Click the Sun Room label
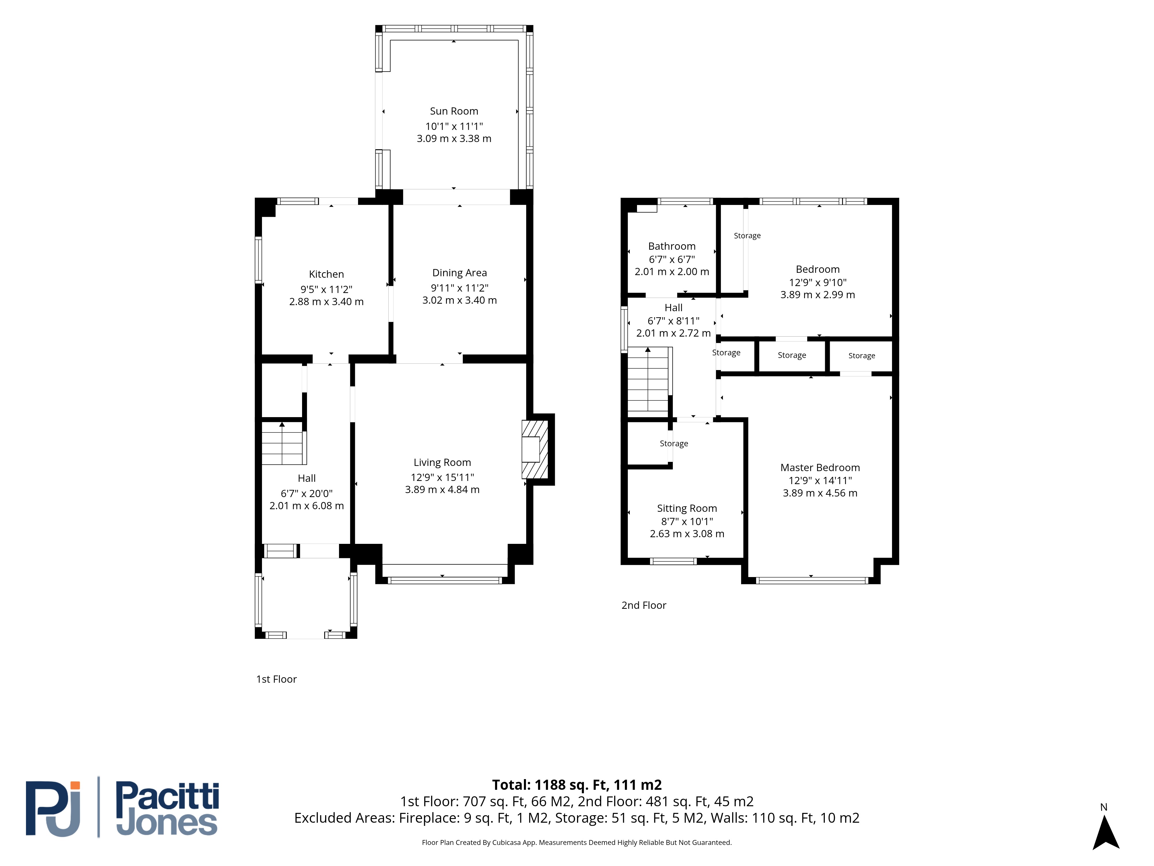pyautogui.click(x=454, y=111)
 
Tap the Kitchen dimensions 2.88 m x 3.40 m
pyautogui.click(x=327, y=302)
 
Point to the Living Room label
pyautogui.click(x=442, y=462)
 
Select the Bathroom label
pyautogui.click(x=672, y=247)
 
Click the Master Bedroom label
pyautogui.click(x=820, y=468)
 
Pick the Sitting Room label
pyautogui.click(x=687, y=508)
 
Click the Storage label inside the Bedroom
pyautogui.click(x=747, y=236)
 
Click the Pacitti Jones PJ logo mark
pyautogui.click(x=53, y=809)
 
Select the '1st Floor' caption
pyautogui.click(x=276, y=679)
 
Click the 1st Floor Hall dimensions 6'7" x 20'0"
pyautogui.click(x=307, y=493)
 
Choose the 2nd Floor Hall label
pyautogui.click(x=674, y=308)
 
